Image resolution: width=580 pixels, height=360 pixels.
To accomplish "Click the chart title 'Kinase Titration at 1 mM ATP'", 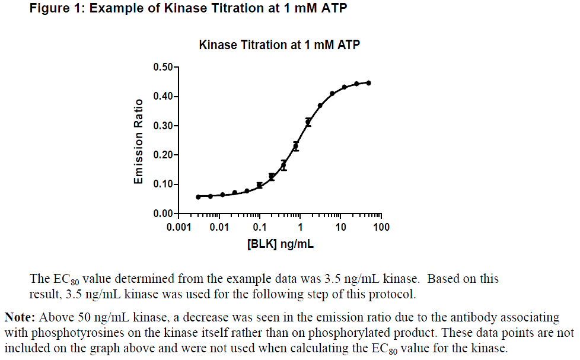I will pyautogui.click(x=279, y=45).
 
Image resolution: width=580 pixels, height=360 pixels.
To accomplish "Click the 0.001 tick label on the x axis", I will pyautogui.click(x=179, y=228).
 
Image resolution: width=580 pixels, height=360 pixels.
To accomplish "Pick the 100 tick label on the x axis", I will pyautogui.click(x=381, y=228).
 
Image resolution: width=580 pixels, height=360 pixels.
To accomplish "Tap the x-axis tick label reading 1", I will pyautogui.click(x=300, y=228).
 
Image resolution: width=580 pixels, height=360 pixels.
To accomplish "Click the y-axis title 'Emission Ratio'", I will pyautogui.click(x=138, y=141).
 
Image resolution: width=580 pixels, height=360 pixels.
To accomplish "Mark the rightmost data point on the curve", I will pyautogui.click(x=368, y=83).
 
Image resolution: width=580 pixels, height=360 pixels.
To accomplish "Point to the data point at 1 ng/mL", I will pyautogui.click(x=296, y=146).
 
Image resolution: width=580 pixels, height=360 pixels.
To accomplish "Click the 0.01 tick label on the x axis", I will pyautogui.click(x=219, y=228).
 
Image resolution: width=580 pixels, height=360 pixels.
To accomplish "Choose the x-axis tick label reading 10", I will pyautogui.click(x=340, y=228).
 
